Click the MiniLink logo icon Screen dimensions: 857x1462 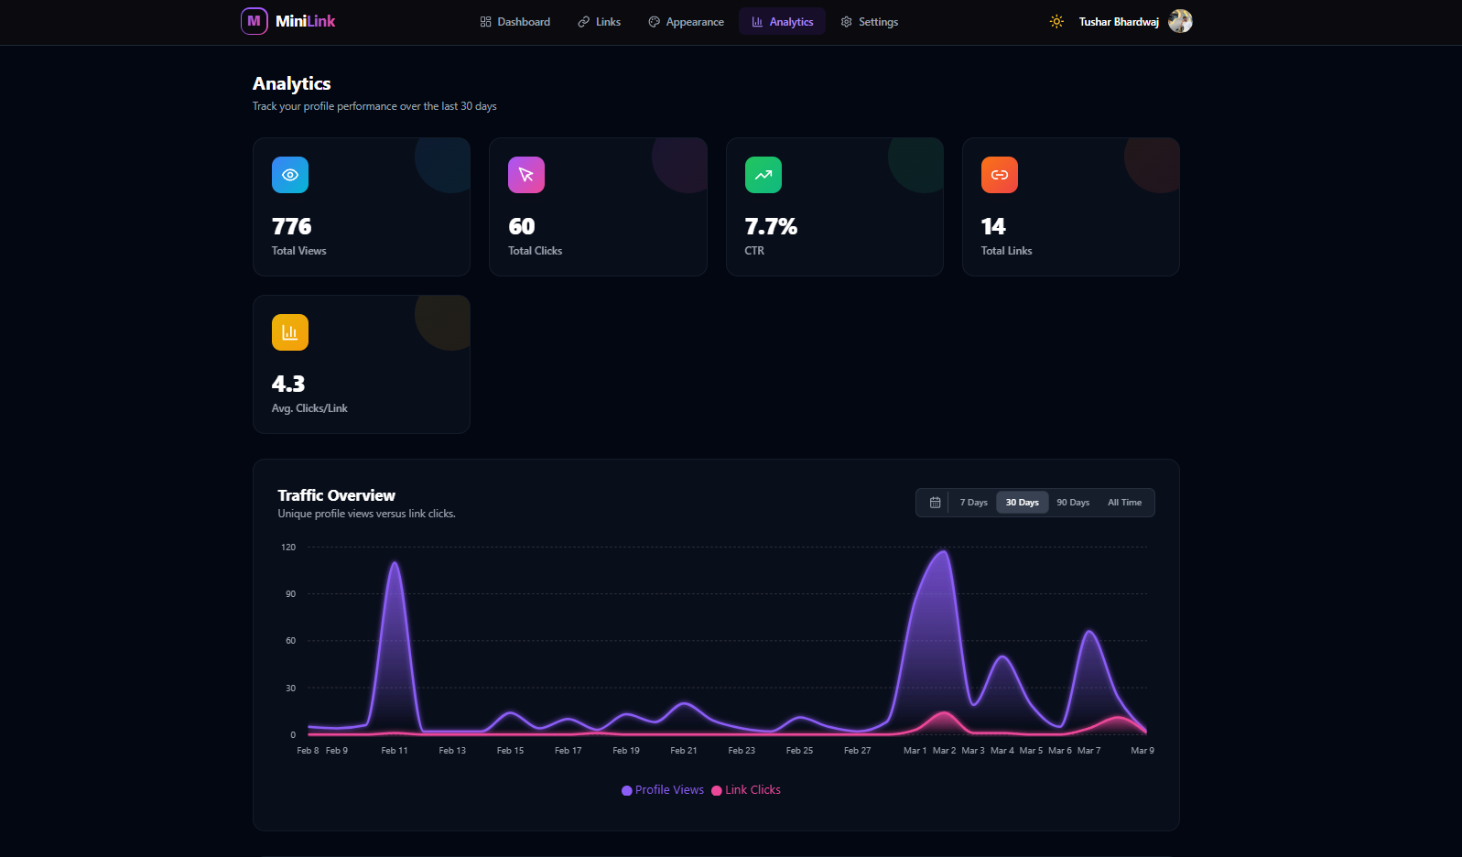pos(254,21)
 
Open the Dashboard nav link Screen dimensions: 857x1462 pos(514,22)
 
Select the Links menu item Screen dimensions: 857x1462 pos(599,22)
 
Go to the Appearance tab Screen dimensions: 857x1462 pos(686,22)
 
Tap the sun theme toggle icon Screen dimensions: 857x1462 pos(1056,22)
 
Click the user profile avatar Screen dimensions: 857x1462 pos(1180,21)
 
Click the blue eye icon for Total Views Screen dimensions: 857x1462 pos(290,175)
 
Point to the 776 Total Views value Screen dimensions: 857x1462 pos(291,226)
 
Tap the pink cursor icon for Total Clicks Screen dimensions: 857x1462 pos(526,175)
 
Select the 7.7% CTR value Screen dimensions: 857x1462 pos(771,226)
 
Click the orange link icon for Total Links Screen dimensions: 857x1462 pos(1000,175)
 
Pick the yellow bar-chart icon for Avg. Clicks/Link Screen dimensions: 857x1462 pos(290,332)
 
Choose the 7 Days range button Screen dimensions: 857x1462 pos(973,503)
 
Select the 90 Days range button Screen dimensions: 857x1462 pos(1073,503)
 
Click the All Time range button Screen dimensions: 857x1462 pos(1124,503)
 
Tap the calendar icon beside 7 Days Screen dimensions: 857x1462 pos(935,503)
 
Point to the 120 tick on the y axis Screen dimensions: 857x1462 pos(288,548)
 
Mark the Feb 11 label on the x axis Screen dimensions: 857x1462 pos(395,751)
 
